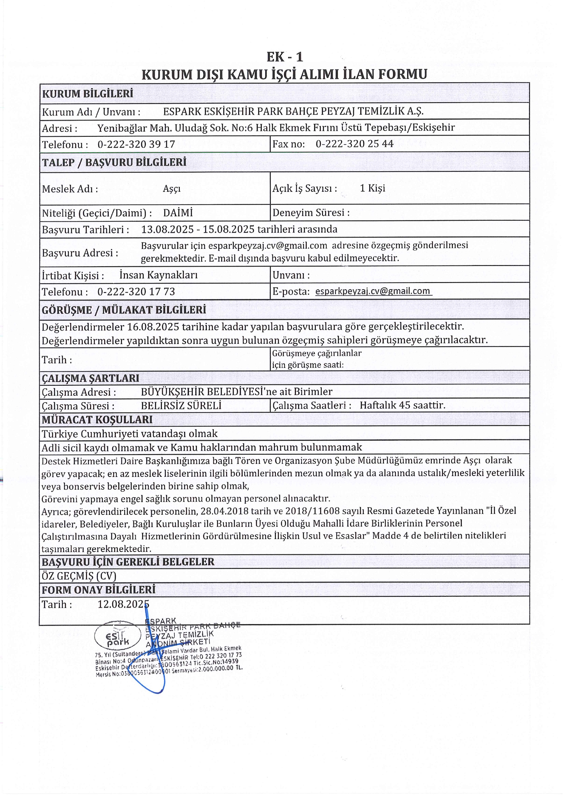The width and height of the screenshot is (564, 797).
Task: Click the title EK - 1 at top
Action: pyautogui.click(x=284, y=57)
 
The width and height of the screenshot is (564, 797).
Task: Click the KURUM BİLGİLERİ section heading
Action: pyautogui.click(x=88, y=94)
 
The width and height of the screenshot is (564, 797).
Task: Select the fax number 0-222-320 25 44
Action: pyautogui.click(x=354, y=144)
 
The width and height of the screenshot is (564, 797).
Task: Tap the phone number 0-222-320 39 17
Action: pyautogui.click(x=136, y=144)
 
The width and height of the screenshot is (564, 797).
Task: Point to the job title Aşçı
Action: pyautogui.click(x=172, y=189)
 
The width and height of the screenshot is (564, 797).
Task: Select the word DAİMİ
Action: pyautogui.click(x=178, y=213)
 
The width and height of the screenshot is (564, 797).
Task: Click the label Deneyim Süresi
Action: pyautogui.click(x=310, y=213)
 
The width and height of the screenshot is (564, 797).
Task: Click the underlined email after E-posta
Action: pyautogui.click(x=373, y=291)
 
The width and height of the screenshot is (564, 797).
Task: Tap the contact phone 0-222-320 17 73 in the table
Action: pyautogui.click(x=136, y=291)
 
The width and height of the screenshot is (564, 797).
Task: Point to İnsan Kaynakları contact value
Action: pyautogui.click(x=158, y=275)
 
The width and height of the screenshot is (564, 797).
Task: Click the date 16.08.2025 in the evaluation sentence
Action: pyautogui.click(x=153, y=327)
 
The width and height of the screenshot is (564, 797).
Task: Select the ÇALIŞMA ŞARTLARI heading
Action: pyautogui.click(x=90, y=378)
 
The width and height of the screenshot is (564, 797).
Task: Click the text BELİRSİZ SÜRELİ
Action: pyautogui.click(x=181, y=406)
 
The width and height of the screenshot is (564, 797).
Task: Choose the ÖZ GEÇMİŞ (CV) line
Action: pyautogui.click(x=79, y=576)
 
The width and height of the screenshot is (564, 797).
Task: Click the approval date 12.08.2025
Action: pyautogui.click(x=123, y=605)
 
